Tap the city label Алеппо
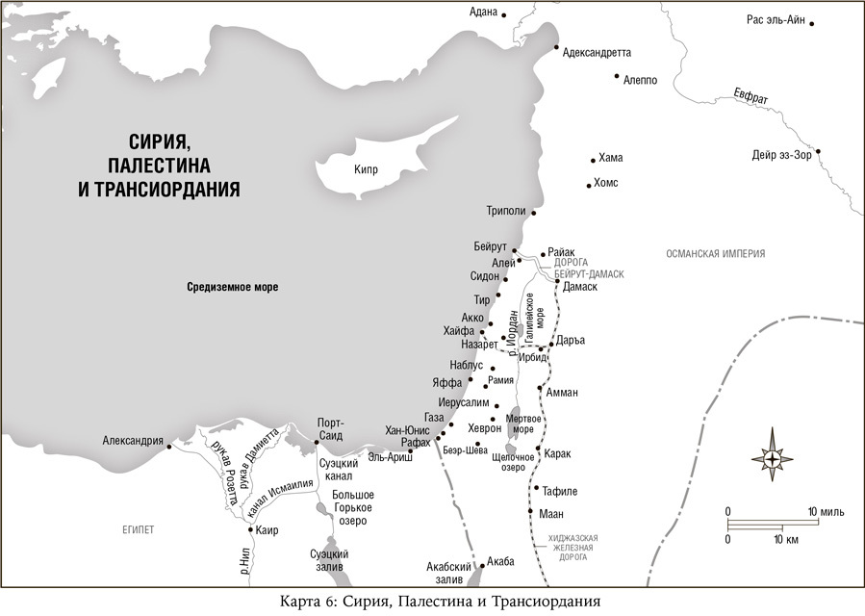(x=640, y=80)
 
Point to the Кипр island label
(x=365, y=170)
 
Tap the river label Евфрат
(x=751, y=97)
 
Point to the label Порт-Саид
(x=330, y=429)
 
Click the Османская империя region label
(x=715, y=254)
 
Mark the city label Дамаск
(x=580, y=287)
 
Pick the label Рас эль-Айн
(x=776, y=20)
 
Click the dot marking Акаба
(x=483, y=561)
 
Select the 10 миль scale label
(x=827, y=510)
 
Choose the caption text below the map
(x=432, y=602)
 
